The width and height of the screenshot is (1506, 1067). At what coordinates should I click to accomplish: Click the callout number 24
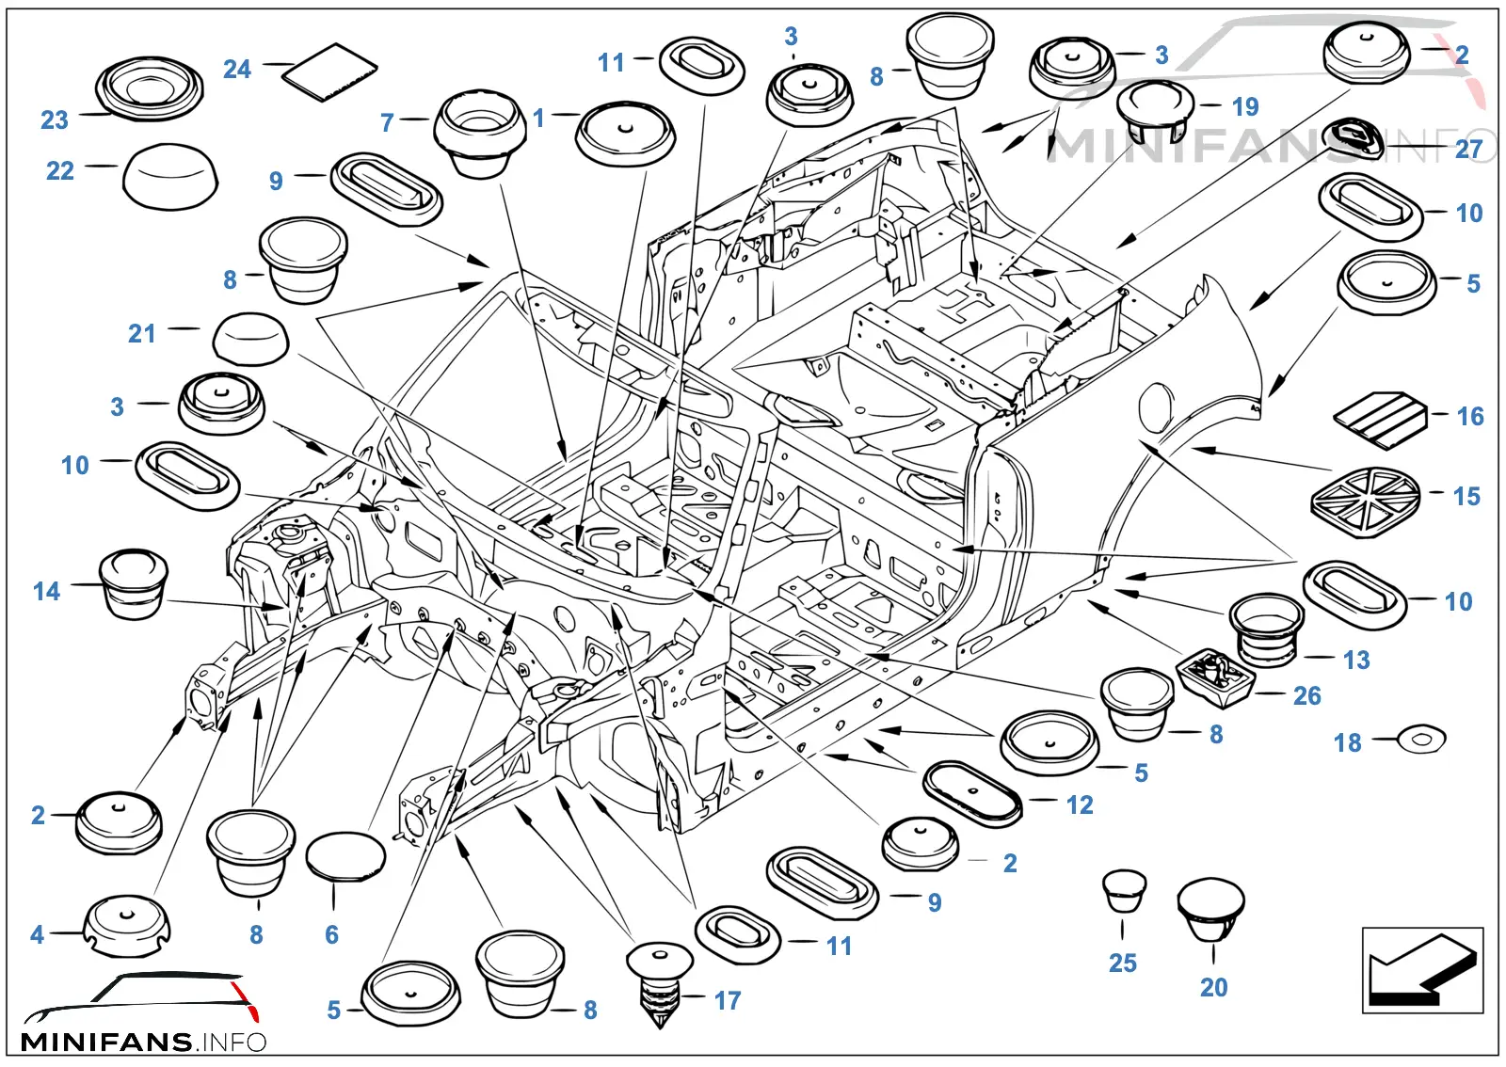(237, 69)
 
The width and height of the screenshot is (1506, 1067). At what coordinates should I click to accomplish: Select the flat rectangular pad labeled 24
(329, 72)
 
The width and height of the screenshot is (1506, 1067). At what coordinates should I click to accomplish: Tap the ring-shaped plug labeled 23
(149, 88)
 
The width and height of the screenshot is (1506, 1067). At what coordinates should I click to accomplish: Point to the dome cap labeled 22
(170, 176)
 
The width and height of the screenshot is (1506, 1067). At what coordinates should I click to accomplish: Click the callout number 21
(142, 333)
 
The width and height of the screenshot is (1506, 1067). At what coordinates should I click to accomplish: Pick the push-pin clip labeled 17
(660, 985)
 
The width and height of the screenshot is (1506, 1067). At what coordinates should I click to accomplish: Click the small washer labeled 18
(1421, 740)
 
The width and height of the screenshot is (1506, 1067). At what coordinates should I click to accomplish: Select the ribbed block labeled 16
(1381, 420)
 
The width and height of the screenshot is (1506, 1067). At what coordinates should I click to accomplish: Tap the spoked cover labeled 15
(1366, 502)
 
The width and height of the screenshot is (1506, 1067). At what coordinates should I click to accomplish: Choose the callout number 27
(1468, 150)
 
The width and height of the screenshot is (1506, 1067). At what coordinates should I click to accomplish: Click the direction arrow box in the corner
(1422, 970)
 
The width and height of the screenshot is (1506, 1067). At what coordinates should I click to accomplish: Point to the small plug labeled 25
(1124, 891)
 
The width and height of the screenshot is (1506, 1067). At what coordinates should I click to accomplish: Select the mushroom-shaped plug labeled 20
(1210, 909)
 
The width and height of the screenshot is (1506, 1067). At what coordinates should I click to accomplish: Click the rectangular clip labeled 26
(1215, 677)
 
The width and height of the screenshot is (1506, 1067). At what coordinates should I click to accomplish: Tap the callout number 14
(46, 591)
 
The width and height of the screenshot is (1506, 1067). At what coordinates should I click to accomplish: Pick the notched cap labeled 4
(126, 926)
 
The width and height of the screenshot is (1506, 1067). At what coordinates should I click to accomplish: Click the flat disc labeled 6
(345, 856)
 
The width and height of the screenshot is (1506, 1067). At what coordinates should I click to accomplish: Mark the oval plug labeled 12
(972, 794)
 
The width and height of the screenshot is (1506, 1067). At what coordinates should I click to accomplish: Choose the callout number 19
(1245, 107)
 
